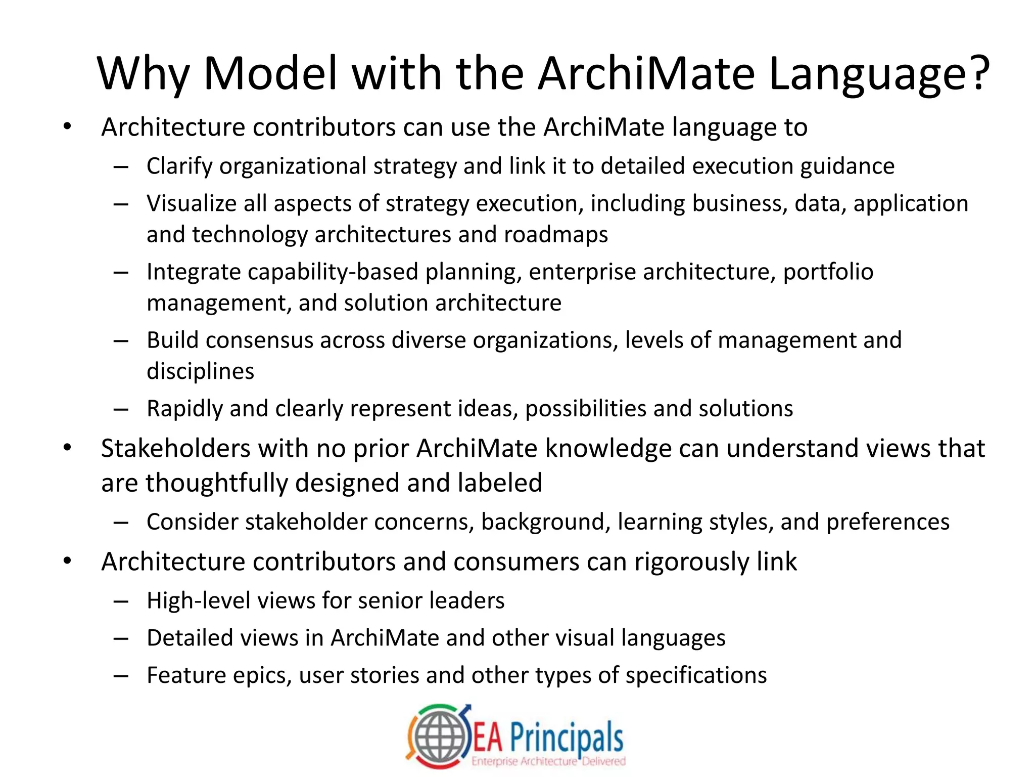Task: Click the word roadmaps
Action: tap(556, 235)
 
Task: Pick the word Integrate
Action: tap(194, 272)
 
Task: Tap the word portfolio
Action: tap(828, 272)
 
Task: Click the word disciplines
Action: tap(200, 371)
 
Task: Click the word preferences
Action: tap(887, 522)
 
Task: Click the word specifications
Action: tap(696, 676)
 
